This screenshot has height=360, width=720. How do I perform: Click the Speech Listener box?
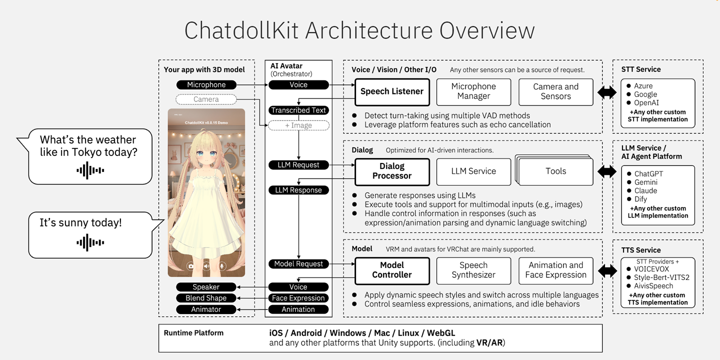(x=392, y=91)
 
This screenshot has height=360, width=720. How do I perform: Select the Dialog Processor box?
(x=392, y=171)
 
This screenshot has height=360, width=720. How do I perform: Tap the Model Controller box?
(x=392, y=270)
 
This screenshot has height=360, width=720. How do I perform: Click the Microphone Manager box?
(x=473, y=91)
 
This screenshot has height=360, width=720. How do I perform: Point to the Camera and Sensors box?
(x=555, y=91)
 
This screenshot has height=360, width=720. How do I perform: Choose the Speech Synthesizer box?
(x=473, y=270)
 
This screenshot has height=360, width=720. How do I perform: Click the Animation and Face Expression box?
(x=555, y=270)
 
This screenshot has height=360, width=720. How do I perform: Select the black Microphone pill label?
(x=206, y=85)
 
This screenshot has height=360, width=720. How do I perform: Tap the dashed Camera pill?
(x=206, y=99)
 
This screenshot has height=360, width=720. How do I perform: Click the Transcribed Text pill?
(x=298, y=110)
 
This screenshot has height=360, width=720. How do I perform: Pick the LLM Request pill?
(x=298, y=165)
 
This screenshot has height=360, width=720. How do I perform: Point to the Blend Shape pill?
(x=206, y=298)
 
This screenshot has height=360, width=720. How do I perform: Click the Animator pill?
(x=206, y=309)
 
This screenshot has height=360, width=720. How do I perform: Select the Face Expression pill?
(x=298, y=298)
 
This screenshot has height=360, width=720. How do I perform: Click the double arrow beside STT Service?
(x=607, y=92)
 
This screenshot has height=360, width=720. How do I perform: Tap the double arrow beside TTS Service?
(x=607, y=271)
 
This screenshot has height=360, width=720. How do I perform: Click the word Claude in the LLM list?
(x=645, y=190)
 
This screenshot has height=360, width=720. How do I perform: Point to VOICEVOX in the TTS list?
(x=651, y=269)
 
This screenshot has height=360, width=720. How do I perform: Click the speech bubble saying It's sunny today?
(x=90, y=234)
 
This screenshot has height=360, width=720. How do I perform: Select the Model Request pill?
(x=298, y=264)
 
